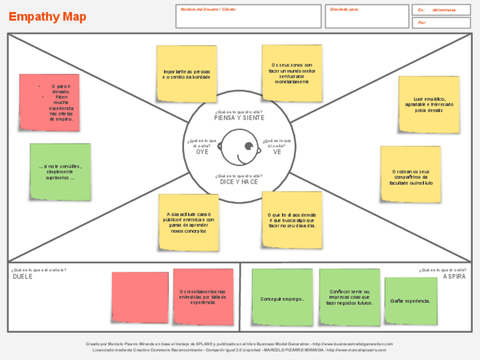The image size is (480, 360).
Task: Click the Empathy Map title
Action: tap(48, 17)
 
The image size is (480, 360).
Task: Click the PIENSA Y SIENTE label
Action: tap(238, 118)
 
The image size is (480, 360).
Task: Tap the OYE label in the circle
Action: tap(202, 152)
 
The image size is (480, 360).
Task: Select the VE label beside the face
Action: tap(277, 152)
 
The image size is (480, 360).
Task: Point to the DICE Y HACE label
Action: tap(238, 182)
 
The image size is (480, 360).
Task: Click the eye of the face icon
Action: tap(248, 147)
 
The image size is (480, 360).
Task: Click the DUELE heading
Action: tap(23, 276)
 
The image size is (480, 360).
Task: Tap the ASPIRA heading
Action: tap(455, 276)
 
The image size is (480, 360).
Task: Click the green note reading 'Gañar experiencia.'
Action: tap(410, 301)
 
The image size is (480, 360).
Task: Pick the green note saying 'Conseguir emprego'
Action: tap(282, 297)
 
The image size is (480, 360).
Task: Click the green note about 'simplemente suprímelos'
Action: tap(60, 172)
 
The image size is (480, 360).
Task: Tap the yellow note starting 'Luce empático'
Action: tap(428, 104)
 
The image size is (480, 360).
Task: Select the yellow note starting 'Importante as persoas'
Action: tap(187, 74)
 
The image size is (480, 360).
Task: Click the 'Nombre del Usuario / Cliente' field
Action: tap(248, 16)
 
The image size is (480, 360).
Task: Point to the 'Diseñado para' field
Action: tap(367, 16)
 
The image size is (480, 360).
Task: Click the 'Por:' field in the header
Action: tap(441, 23)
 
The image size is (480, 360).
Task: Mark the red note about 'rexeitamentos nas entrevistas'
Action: tap(203, 297)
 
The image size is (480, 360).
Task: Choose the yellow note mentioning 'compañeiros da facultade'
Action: tap(410, 174)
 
